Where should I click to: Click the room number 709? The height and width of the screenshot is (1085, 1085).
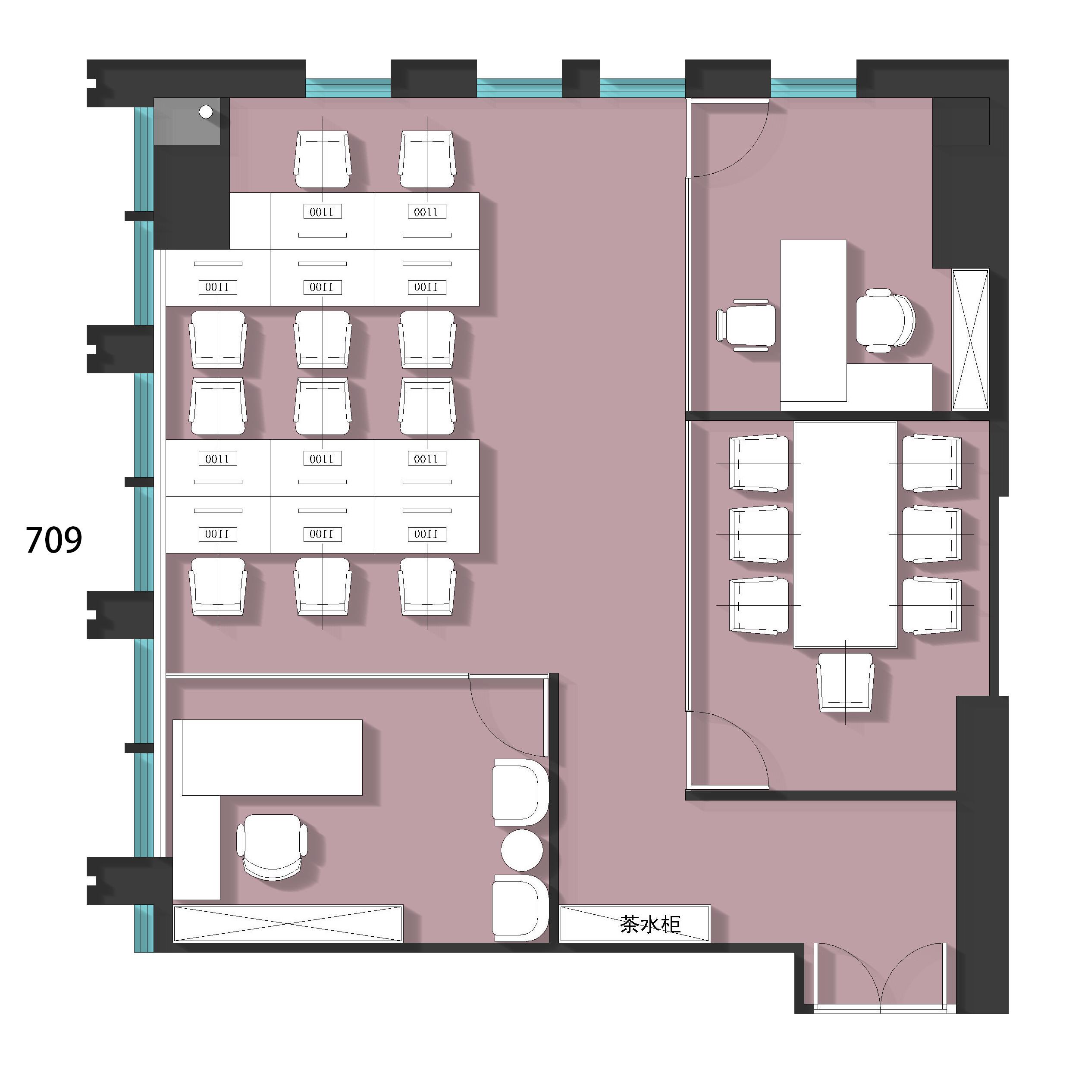click(x=54, y=540)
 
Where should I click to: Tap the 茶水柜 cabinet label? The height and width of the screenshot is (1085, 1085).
click(x=650, y=924)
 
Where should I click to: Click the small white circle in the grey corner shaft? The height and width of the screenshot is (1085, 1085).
click(x=206, y=112)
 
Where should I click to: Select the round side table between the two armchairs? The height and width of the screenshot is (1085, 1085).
click(x=522, y=850)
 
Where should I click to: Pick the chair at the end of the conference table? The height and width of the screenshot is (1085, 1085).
click(x=845, y=682)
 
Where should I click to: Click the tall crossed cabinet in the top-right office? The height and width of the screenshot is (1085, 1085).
click(x=970, y=340)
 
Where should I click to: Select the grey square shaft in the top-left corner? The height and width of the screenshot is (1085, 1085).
click(x=187, y=121)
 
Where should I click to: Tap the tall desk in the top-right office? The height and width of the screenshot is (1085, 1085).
click(x=814, y=321)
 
